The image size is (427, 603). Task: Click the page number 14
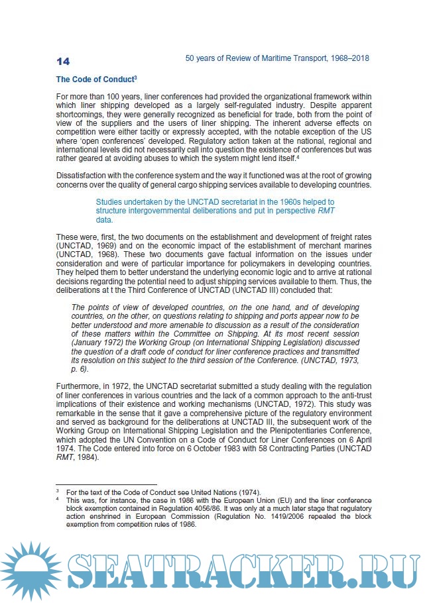point(63,62)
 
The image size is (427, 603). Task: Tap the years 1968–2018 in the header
point(345,58)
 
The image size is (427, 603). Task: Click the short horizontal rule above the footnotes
point(106,484)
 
